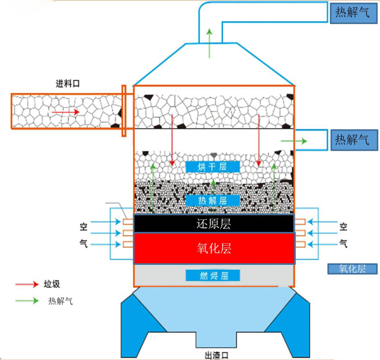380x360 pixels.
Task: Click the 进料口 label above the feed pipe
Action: (x=69, y=84)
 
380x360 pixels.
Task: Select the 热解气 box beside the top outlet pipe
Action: (x=352, y=12)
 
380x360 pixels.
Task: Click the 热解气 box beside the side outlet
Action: (x=352, y=139)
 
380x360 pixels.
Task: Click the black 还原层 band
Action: (x=213, y=224)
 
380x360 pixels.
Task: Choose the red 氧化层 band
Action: (x=213, y=248)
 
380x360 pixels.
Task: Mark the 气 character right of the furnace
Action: (x=343, y=243)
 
